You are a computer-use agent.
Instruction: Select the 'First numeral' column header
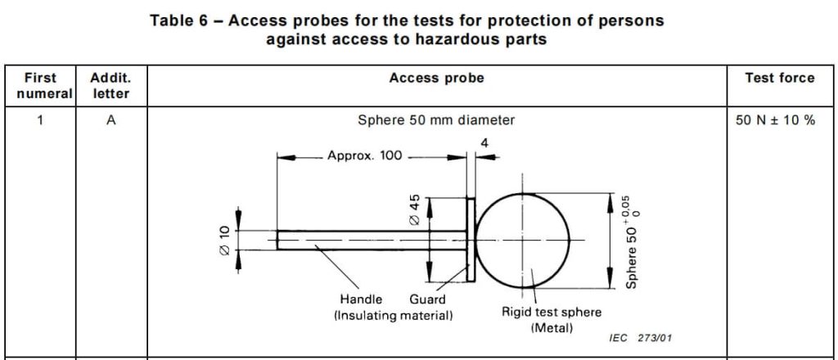point(40,86)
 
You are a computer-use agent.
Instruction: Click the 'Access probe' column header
point(436,79)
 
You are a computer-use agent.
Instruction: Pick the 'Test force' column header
point(779,79)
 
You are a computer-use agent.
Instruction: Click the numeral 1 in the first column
point(40,120)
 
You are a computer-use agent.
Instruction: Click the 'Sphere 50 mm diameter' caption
point(436,120)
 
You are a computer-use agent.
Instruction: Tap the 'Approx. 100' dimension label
point(364,156)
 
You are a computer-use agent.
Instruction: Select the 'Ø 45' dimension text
point(414,210)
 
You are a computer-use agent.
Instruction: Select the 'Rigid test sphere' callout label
point(551,313)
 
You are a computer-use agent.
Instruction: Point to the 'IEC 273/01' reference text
point(641,338)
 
